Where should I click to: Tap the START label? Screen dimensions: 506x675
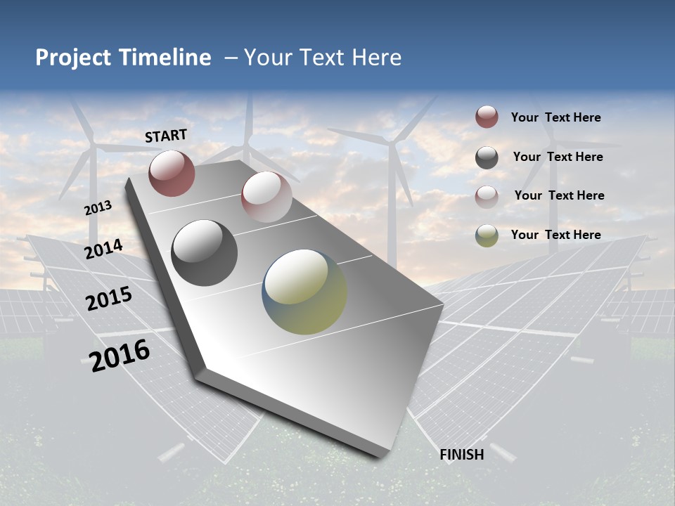[x=166, y=136]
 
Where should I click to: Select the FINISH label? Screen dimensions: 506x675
[x=462, y=455]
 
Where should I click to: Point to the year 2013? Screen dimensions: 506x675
[x=98, y=208]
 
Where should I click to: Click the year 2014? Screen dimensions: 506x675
[x=103, y=249]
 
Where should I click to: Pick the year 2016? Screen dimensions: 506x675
[x=120, y=355]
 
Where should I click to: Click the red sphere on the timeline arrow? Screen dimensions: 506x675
[x=172, y=173]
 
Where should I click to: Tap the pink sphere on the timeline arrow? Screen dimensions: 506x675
[x=266, y=197]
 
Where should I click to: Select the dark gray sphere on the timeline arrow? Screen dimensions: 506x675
[x=205, y=253]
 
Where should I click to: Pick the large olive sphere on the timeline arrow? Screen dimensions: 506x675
[x=304, y=292]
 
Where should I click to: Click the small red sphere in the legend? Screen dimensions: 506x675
[x=487, y=117]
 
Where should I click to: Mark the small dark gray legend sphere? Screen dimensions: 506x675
[x=487, y=157]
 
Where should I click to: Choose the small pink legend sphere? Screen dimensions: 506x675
[x=487, y=196]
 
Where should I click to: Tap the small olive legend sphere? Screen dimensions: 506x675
[x=487, y=235]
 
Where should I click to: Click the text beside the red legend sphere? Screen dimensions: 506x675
[x=555, y=117]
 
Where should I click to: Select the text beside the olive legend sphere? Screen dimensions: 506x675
[x=555, y=235]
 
